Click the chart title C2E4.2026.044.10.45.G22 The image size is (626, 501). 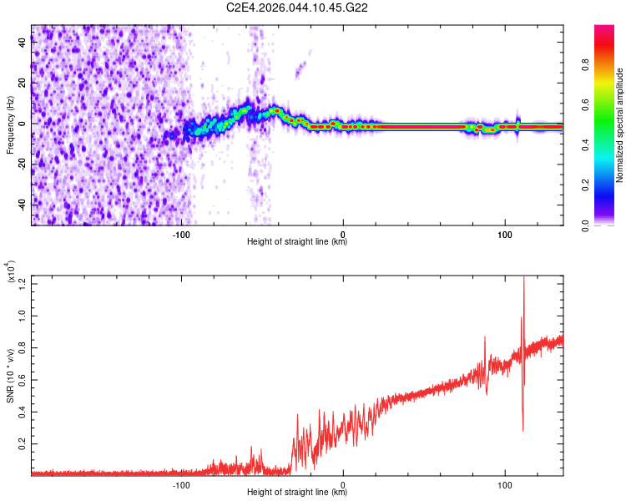pyautogui.click(x=296, y=8)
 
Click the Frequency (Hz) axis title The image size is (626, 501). pyautogui.click(x=10, y=125)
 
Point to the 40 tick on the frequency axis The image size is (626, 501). pyautogui.click(x=23, y=42)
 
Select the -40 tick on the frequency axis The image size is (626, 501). pyautogui.click(x=23, y=205)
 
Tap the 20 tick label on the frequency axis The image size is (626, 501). pyautogui.click(x=23, y=83)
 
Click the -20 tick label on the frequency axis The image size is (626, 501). pyautogui.click(x=23, y=164)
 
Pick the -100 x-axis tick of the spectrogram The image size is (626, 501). pyautogui.click(x=181, y=235)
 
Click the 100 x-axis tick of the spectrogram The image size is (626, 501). pyautogui.click(x=505, y=235)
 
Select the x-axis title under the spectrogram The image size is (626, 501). pyautogui.click(x=297, y=241)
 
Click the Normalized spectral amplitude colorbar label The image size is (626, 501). pyautogui.click(x=619, y=125)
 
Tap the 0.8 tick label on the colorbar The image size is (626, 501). pyautogui.click(x=585, y=65)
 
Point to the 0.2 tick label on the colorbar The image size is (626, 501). pyautogui.click(x=585, y=185)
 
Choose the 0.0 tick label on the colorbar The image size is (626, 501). pyautogui.click(x=585, y=225)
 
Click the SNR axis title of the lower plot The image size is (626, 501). pyautogui.click(x=10, y=376)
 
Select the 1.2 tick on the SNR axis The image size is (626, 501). pyautogui.click(x=23, y=284)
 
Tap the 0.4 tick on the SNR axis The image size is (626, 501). pyautogui.click(x=23, y=412)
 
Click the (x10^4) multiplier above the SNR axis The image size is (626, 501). pyautogui.click(x=10, y=271)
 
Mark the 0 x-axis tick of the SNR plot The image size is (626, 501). pyautogui.click(x=343, y=485)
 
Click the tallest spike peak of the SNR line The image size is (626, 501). pyautogui.click(x=524, y=276)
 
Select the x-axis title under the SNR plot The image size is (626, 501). pyautogui.click(x=297, y=492)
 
